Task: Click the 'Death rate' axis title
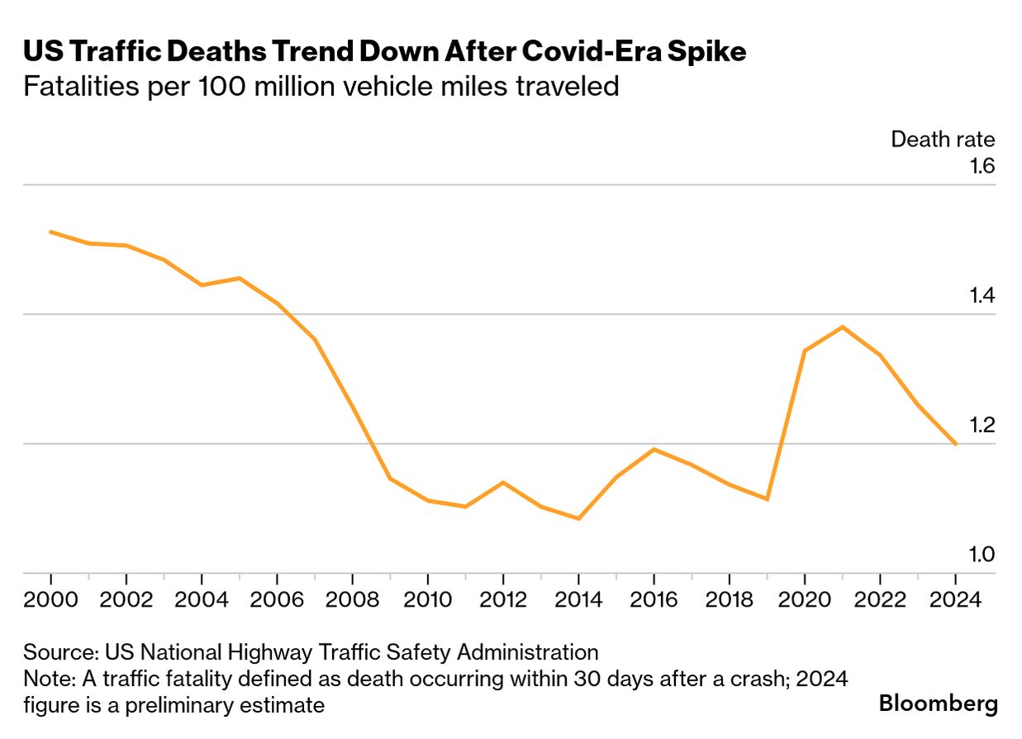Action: click(x=943, y=139)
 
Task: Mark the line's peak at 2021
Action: click(x=842, y=327)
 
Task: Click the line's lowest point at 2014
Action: click(x=578, y=518)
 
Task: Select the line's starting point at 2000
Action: click(x=51, y=231)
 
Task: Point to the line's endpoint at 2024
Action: click(x=956, y=444)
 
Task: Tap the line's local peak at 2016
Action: click(x=654, y=449)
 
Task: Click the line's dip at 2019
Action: click(x=768, y=499)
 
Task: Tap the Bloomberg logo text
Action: click(x=939, y=704)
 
